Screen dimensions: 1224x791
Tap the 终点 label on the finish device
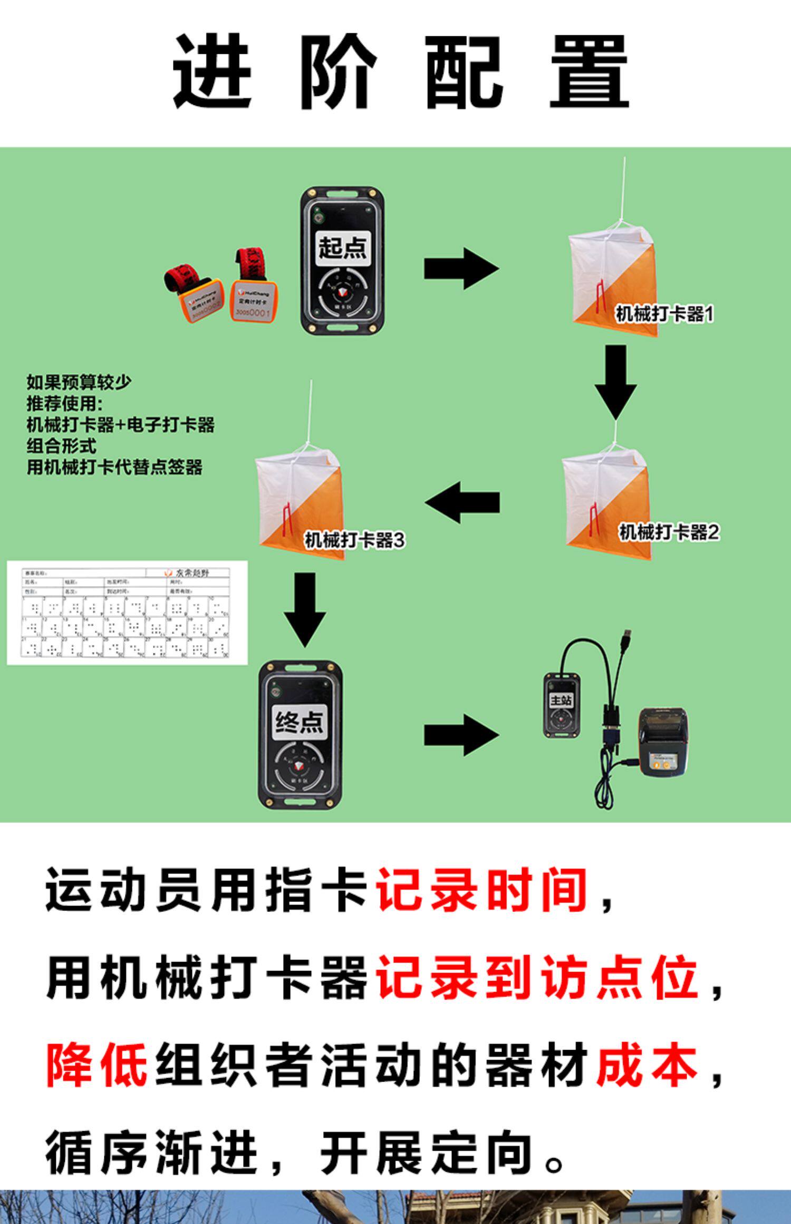click(x=300, y=721)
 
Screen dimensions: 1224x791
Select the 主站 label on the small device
click(x=561, y=700)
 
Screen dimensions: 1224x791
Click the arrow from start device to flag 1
click(x=460, y=268)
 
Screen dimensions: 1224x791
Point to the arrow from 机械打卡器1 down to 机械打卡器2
click(x=615, y=381)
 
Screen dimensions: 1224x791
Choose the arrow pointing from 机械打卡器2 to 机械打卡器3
click(x=462, y=502)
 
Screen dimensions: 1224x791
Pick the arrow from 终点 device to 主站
click(x=460, y=735)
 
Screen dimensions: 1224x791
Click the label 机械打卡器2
click(x=669, y=532)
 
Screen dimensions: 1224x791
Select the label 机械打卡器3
click(x=355, y=540)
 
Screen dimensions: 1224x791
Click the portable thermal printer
click(x=663, y=742)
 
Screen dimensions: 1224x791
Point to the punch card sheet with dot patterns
click(x=127, y=613)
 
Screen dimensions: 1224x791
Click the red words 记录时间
click(x=481, y=890)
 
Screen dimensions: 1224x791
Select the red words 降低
click(x=97, y=1065)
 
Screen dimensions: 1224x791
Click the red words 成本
click(x=647, y=1065)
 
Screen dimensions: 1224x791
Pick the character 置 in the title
click(x=589, y=72)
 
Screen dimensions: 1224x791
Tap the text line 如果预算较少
click(x=79, y=382)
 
